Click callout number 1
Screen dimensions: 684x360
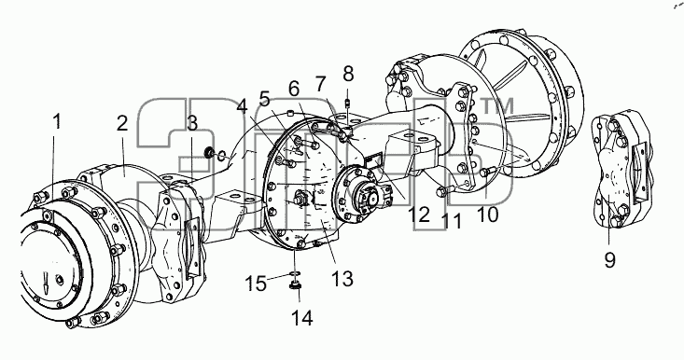click(x=57, y=122)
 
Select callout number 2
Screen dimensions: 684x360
click(x=122, y=124)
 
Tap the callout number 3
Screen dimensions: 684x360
click(x=192, y=124)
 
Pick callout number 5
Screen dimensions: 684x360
click(x=265, y=100)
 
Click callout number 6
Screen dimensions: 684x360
click(x=294, y=89)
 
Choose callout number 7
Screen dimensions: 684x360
click(x=321, y=83)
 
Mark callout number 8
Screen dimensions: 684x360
click(x=348, y=74)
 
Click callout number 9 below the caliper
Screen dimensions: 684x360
click(x=610, y=260)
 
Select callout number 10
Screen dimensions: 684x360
click(x=487, y=215)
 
